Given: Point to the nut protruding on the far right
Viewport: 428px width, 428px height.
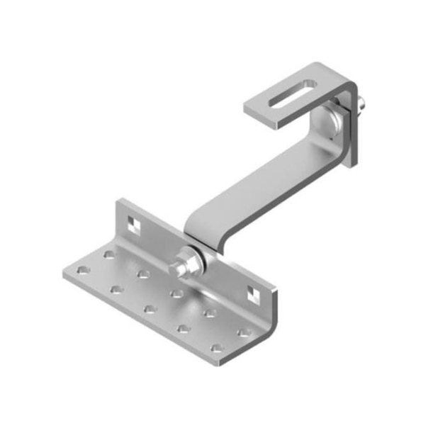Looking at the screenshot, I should click(x=363, y=104).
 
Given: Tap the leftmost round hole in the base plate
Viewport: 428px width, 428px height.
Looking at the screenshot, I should click(x=83, y=270).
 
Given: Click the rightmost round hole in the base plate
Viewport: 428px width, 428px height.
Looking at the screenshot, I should click(x=244, y=332).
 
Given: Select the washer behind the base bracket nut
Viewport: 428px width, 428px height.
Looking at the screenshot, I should click(x=199, y=259).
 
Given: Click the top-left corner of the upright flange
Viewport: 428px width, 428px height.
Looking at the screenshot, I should click(x=118, y=201).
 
